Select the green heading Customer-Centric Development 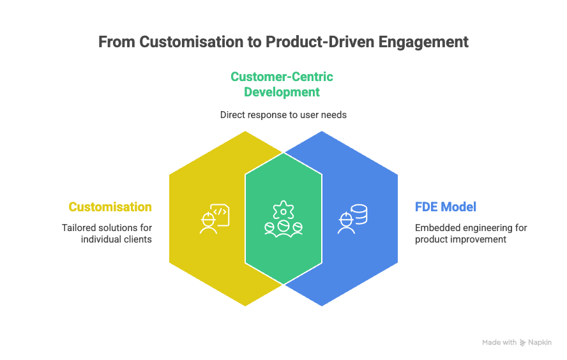pos(282,84)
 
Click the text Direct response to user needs pos(283,115)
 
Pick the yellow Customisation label pos(110,207)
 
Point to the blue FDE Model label pos(446,207)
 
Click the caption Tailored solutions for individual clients pos(107,233)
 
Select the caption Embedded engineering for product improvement pos(471,233)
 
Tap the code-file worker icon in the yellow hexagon pos(213,219)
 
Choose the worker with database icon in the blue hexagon pos(352,219)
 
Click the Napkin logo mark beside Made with pos(523,343)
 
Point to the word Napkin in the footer pos(540,343)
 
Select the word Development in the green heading pos(283,92)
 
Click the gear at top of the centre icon pos(282,209)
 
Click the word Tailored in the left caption pos(77,227)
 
